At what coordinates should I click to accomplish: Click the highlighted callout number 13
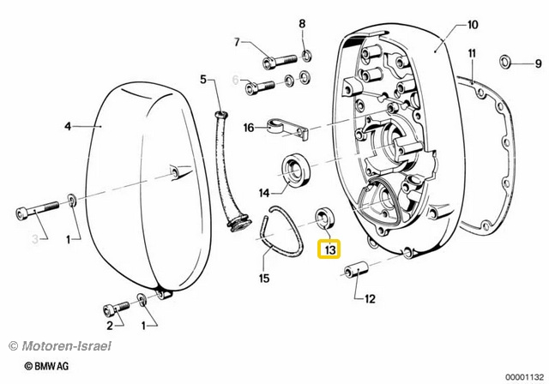click(329, 249)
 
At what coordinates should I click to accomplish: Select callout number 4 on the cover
click(69, 126)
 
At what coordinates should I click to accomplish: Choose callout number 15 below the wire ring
click(264, 278)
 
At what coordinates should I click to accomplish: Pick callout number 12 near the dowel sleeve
click(371, 299)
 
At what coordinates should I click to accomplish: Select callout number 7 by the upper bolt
click(238, 42)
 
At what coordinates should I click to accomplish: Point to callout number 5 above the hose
click(204, 79)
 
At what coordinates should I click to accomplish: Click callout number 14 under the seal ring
click(265, 192)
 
